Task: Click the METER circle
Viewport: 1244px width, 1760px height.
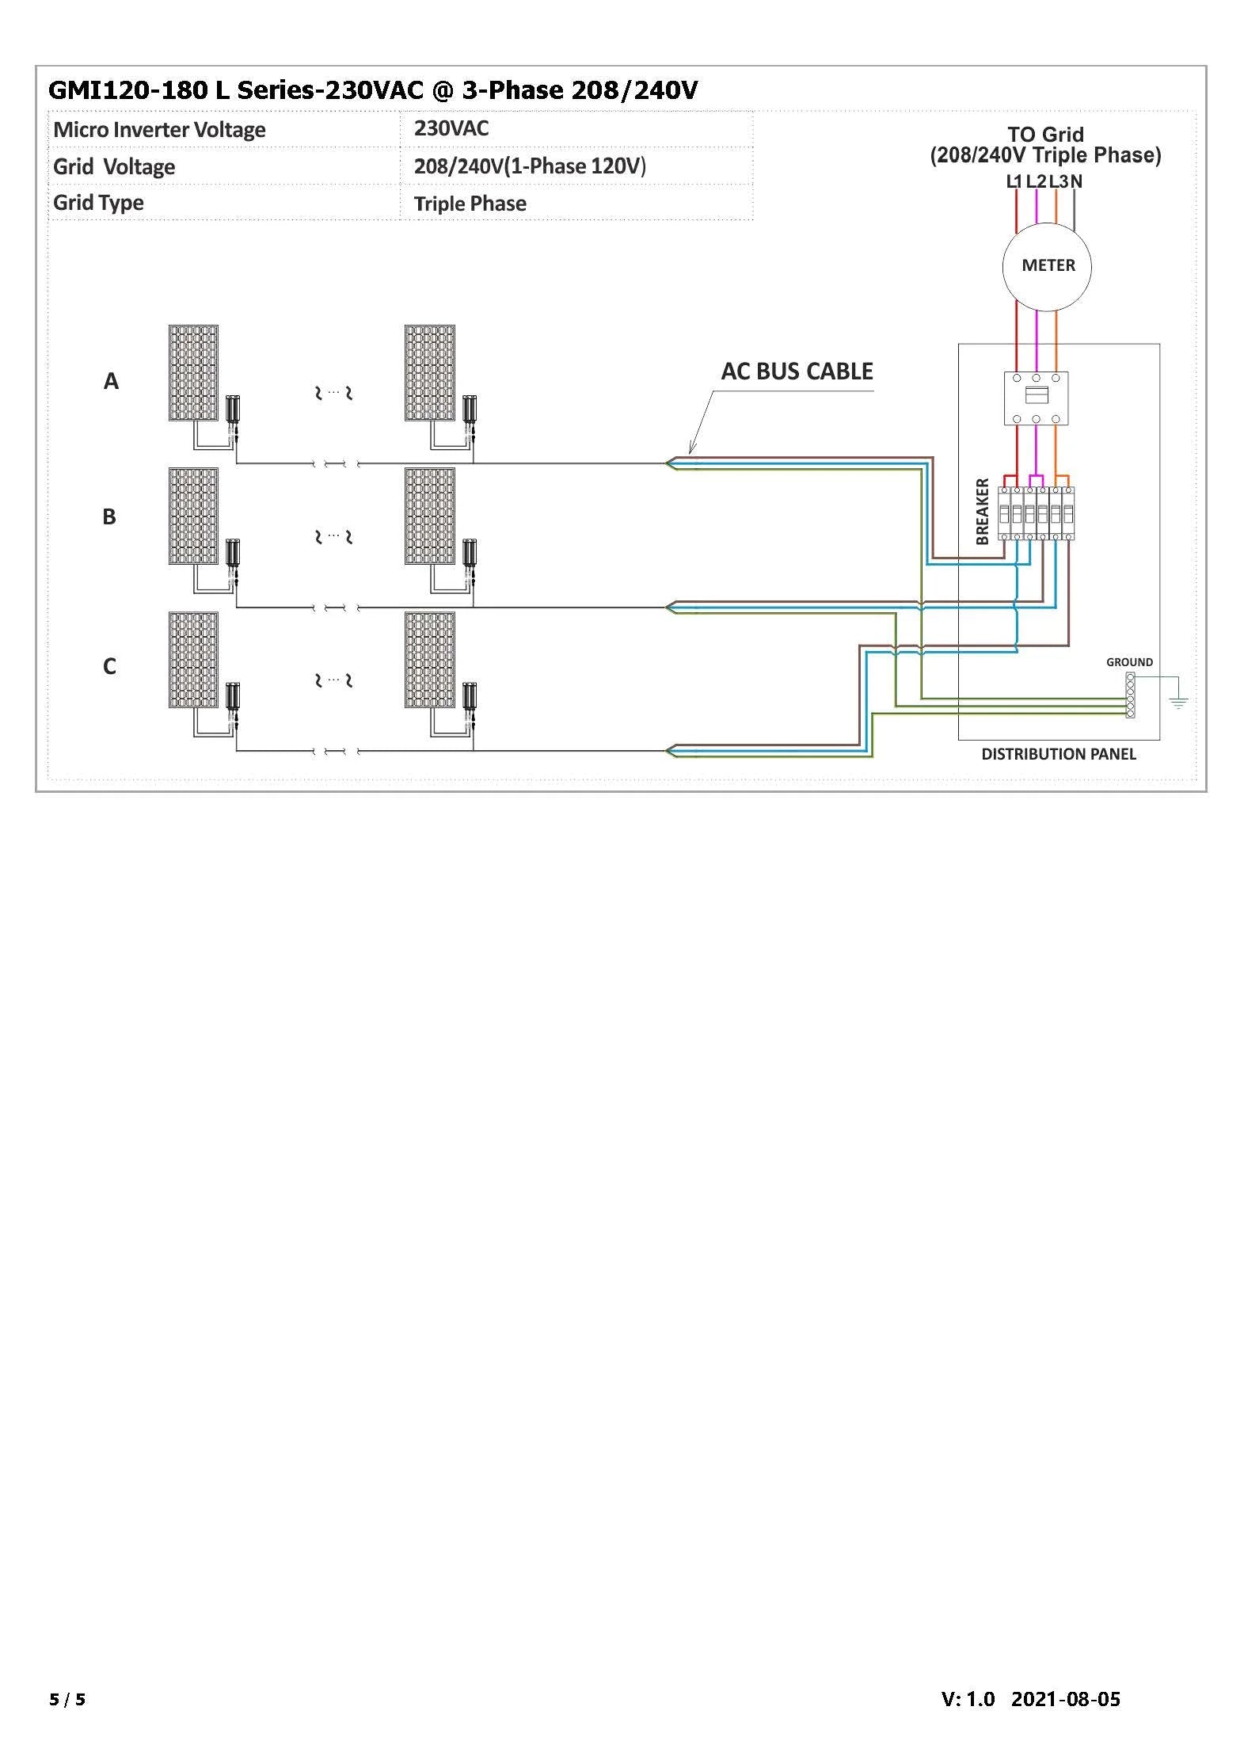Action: click(x=1047, y=266)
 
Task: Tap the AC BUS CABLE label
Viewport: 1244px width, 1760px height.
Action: click(x=797, y=371)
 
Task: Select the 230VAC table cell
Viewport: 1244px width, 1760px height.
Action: click(x=451, y=128)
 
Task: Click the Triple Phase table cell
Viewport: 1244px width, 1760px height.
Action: click(x=470, y=204)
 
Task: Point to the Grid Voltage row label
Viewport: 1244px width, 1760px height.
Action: click(x=114, y=167)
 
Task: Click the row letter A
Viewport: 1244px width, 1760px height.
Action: click(x=111, y=382)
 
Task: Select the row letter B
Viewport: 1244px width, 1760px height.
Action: click(x=109, y=517)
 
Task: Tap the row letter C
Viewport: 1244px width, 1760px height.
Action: click(x=109, y=667)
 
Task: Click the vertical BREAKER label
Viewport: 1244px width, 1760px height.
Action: click(x=983, y=512)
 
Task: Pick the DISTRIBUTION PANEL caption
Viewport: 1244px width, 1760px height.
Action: click(x=1058, y=754)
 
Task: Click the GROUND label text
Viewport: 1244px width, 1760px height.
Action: click(x=1129, y=662)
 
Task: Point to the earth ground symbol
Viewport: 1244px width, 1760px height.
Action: click(x=1178, y=700)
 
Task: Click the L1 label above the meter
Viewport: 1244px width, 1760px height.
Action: click(x=1014, y=181)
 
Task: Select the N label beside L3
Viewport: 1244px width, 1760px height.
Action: click(x=1076, y=181)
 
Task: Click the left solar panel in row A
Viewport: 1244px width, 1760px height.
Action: click(x=193, y=372)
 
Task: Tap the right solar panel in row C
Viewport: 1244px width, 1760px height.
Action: click(x=430, y=660)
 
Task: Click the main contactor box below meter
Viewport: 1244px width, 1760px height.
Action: click(x=1036, y=398)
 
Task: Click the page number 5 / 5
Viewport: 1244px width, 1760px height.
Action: click(x=67, y=1698)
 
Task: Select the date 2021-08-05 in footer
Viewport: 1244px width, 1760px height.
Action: click(x=1065, y=1698)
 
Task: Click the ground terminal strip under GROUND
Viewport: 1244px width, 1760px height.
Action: click(x=1130, y=695)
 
